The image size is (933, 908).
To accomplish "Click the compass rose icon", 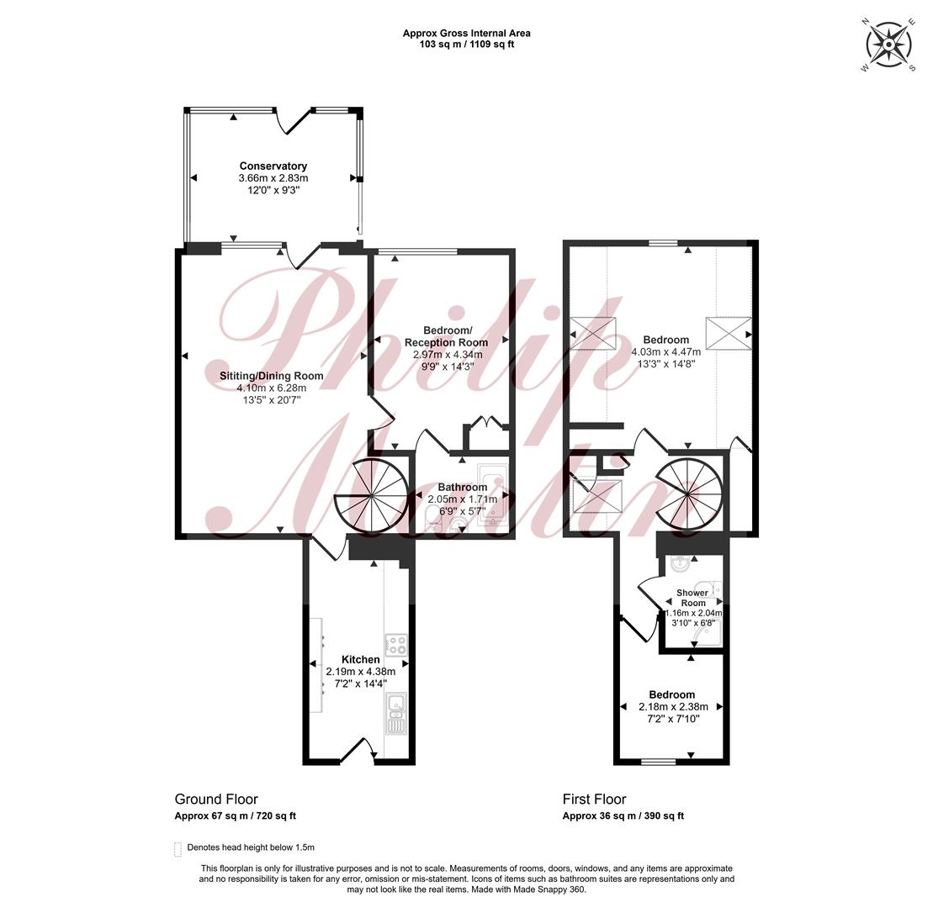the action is coord(888,45).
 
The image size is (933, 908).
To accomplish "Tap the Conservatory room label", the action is coord(273,166).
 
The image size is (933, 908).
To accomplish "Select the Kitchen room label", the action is coord(361,659).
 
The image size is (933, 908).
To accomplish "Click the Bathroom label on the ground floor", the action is coord(463,487).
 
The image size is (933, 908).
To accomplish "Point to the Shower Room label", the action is coord(693,598).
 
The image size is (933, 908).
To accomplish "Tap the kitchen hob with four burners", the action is coord(395,644).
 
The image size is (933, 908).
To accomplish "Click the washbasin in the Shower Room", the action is coord(679,563).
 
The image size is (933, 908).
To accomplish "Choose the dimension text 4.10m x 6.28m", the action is coord(272,388).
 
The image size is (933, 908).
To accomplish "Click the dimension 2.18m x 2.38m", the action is coord(673,707).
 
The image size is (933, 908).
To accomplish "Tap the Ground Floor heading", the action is coord(216,800).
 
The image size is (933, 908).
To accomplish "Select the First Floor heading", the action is coord(595,800).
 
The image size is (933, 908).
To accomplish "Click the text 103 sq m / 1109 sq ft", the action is coord(466,44).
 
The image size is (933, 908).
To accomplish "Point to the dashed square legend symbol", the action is coord(178,849).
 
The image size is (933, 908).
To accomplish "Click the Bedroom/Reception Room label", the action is coord(446,336).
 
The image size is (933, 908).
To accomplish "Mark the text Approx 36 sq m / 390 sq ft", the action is coord(623,816).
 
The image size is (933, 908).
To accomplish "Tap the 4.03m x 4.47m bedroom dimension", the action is coord(665,352).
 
